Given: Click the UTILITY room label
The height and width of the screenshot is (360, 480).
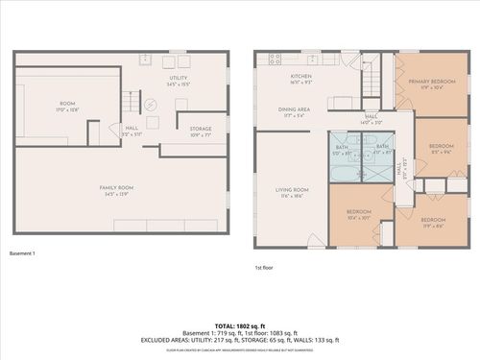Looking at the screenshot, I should click(x=178, y=78).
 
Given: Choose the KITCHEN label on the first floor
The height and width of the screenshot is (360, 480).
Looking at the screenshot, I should click(x=302, y=78).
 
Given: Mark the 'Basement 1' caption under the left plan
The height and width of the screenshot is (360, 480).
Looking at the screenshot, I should click(x=22, y=253).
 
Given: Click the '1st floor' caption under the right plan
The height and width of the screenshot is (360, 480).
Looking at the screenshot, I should click(x=266, y=268).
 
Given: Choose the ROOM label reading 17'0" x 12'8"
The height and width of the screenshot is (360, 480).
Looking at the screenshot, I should click(x=67, y=106).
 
